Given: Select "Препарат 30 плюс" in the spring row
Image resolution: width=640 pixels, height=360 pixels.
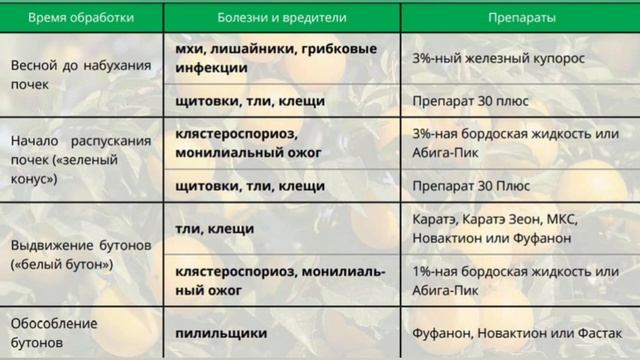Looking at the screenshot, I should [467, 100].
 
